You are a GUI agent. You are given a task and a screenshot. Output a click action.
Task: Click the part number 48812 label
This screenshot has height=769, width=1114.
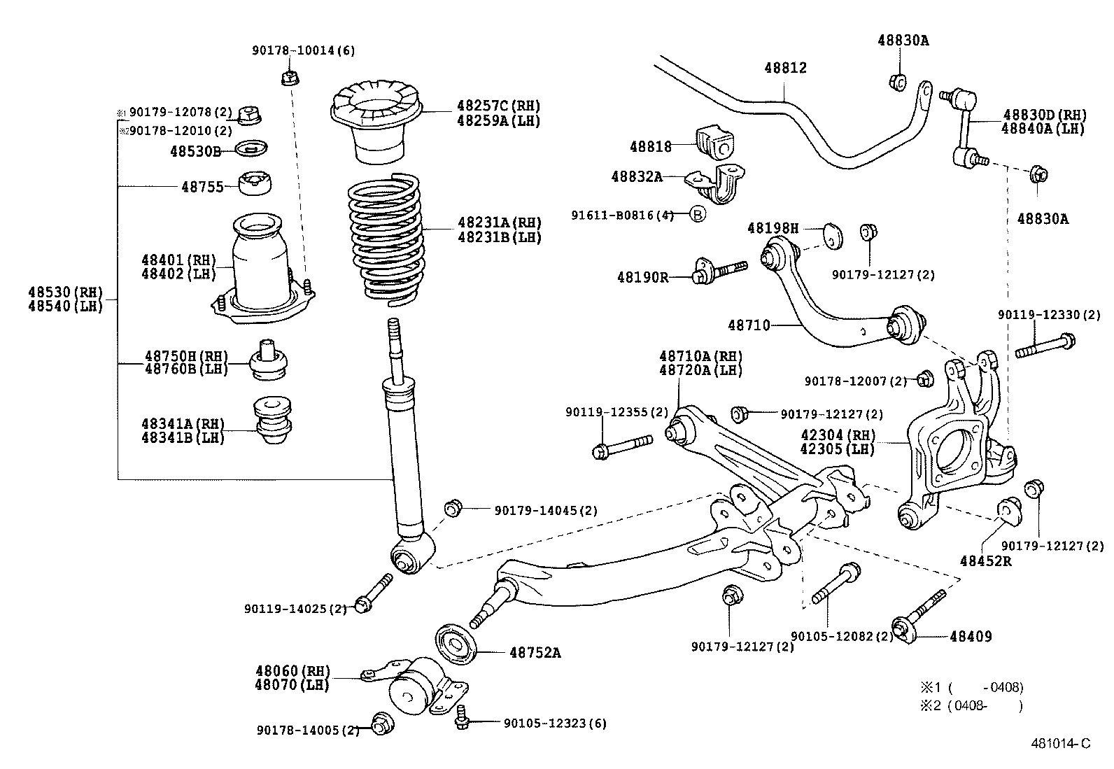[x=785, y=68]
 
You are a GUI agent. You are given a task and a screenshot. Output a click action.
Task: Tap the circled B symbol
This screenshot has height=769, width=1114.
[x=698, y=215]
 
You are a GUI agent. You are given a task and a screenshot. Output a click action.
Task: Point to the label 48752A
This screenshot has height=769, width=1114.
[x=535, y=653]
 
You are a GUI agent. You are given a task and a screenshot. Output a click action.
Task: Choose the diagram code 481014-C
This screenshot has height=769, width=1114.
[x=1059, y=743]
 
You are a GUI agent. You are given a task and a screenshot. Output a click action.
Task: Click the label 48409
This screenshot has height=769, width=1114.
[x=971, y=636]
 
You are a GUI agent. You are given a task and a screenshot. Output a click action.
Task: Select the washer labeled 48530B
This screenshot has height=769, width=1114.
[x=253, y=149]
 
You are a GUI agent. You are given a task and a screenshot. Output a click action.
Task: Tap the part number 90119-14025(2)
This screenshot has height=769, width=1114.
[x=295, y=609]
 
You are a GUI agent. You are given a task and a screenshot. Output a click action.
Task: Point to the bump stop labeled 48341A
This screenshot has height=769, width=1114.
[x=274, y=423]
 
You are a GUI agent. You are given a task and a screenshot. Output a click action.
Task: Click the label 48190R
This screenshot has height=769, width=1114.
[x=642, y=277]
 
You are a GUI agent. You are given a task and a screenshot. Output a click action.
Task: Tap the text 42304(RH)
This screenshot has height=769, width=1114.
[x=838, y=435]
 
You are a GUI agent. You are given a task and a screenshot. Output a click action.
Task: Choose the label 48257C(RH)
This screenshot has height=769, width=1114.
[x=498, y=106]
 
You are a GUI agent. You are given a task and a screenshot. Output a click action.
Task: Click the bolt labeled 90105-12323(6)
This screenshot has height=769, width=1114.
[x=461, y=719]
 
